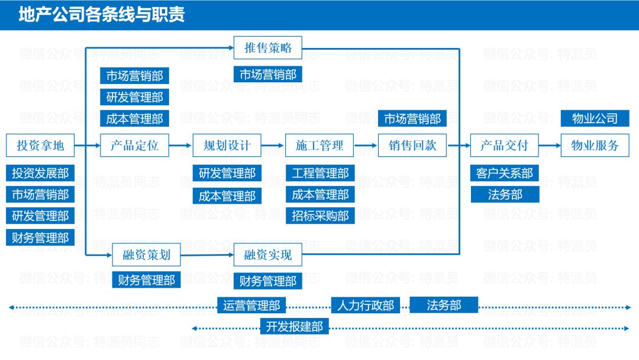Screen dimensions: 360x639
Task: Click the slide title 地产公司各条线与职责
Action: (102, 15)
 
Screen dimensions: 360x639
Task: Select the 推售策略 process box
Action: (268, 48)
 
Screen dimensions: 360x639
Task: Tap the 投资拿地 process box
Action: (40, 145)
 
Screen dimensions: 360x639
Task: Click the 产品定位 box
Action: (134, 145)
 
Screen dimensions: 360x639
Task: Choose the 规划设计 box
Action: (227, 145)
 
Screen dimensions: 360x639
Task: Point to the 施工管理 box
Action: (319, 145)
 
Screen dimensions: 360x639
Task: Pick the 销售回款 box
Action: (412, 145)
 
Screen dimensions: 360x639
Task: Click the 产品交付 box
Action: (504, 145)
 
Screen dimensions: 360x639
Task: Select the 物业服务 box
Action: (595, 145)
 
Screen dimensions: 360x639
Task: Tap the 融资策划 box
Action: (146, 255)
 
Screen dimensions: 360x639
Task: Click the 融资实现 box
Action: (268, 255)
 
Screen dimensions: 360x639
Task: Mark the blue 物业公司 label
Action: (595, 118)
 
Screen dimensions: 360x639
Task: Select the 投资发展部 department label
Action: (40, 173)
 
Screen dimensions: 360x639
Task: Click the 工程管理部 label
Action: (320, 173)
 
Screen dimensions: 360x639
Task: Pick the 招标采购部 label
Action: (320, 216)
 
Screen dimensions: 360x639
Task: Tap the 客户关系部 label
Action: (505, 173)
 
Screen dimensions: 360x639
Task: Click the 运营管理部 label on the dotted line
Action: (251, 306)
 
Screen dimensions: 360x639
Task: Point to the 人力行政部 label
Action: (365, 306)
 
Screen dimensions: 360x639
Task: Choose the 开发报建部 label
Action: (294, 326)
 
